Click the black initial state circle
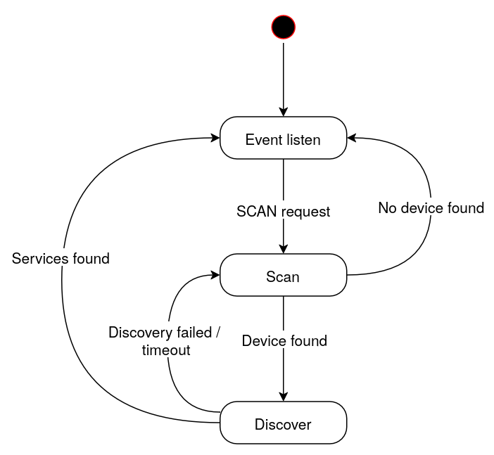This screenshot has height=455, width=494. [284, 27]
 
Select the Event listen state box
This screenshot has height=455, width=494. [283, 139]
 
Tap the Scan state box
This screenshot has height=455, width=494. [283, 276]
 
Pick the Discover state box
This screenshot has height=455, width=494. [283, 423]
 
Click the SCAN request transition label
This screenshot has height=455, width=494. [283, 211]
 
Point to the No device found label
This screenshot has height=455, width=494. [431, 207]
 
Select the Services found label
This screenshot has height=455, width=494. [61, 259]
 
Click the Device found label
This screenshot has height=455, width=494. [284, 341]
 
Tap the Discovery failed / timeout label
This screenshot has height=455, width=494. [165, 341]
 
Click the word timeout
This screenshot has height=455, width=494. [166, 350]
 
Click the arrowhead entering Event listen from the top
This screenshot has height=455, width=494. [284, 112]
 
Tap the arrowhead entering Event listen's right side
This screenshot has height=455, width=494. [352, 139]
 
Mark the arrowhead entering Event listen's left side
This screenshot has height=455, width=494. [215, 139]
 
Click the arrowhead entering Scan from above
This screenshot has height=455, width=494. [284, 249]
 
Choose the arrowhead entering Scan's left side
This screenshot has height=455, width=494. [215, 276]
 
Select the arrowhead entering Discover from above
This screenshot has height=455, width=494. [284, 396]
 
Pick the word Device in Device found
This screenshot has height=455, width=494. [262, 341]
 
